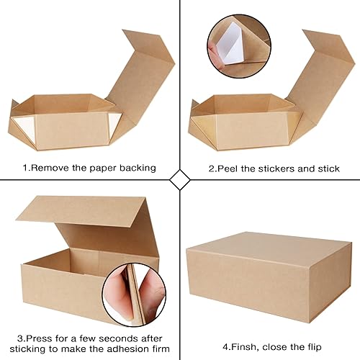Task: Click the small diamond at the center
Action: [x=179, y=179]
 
